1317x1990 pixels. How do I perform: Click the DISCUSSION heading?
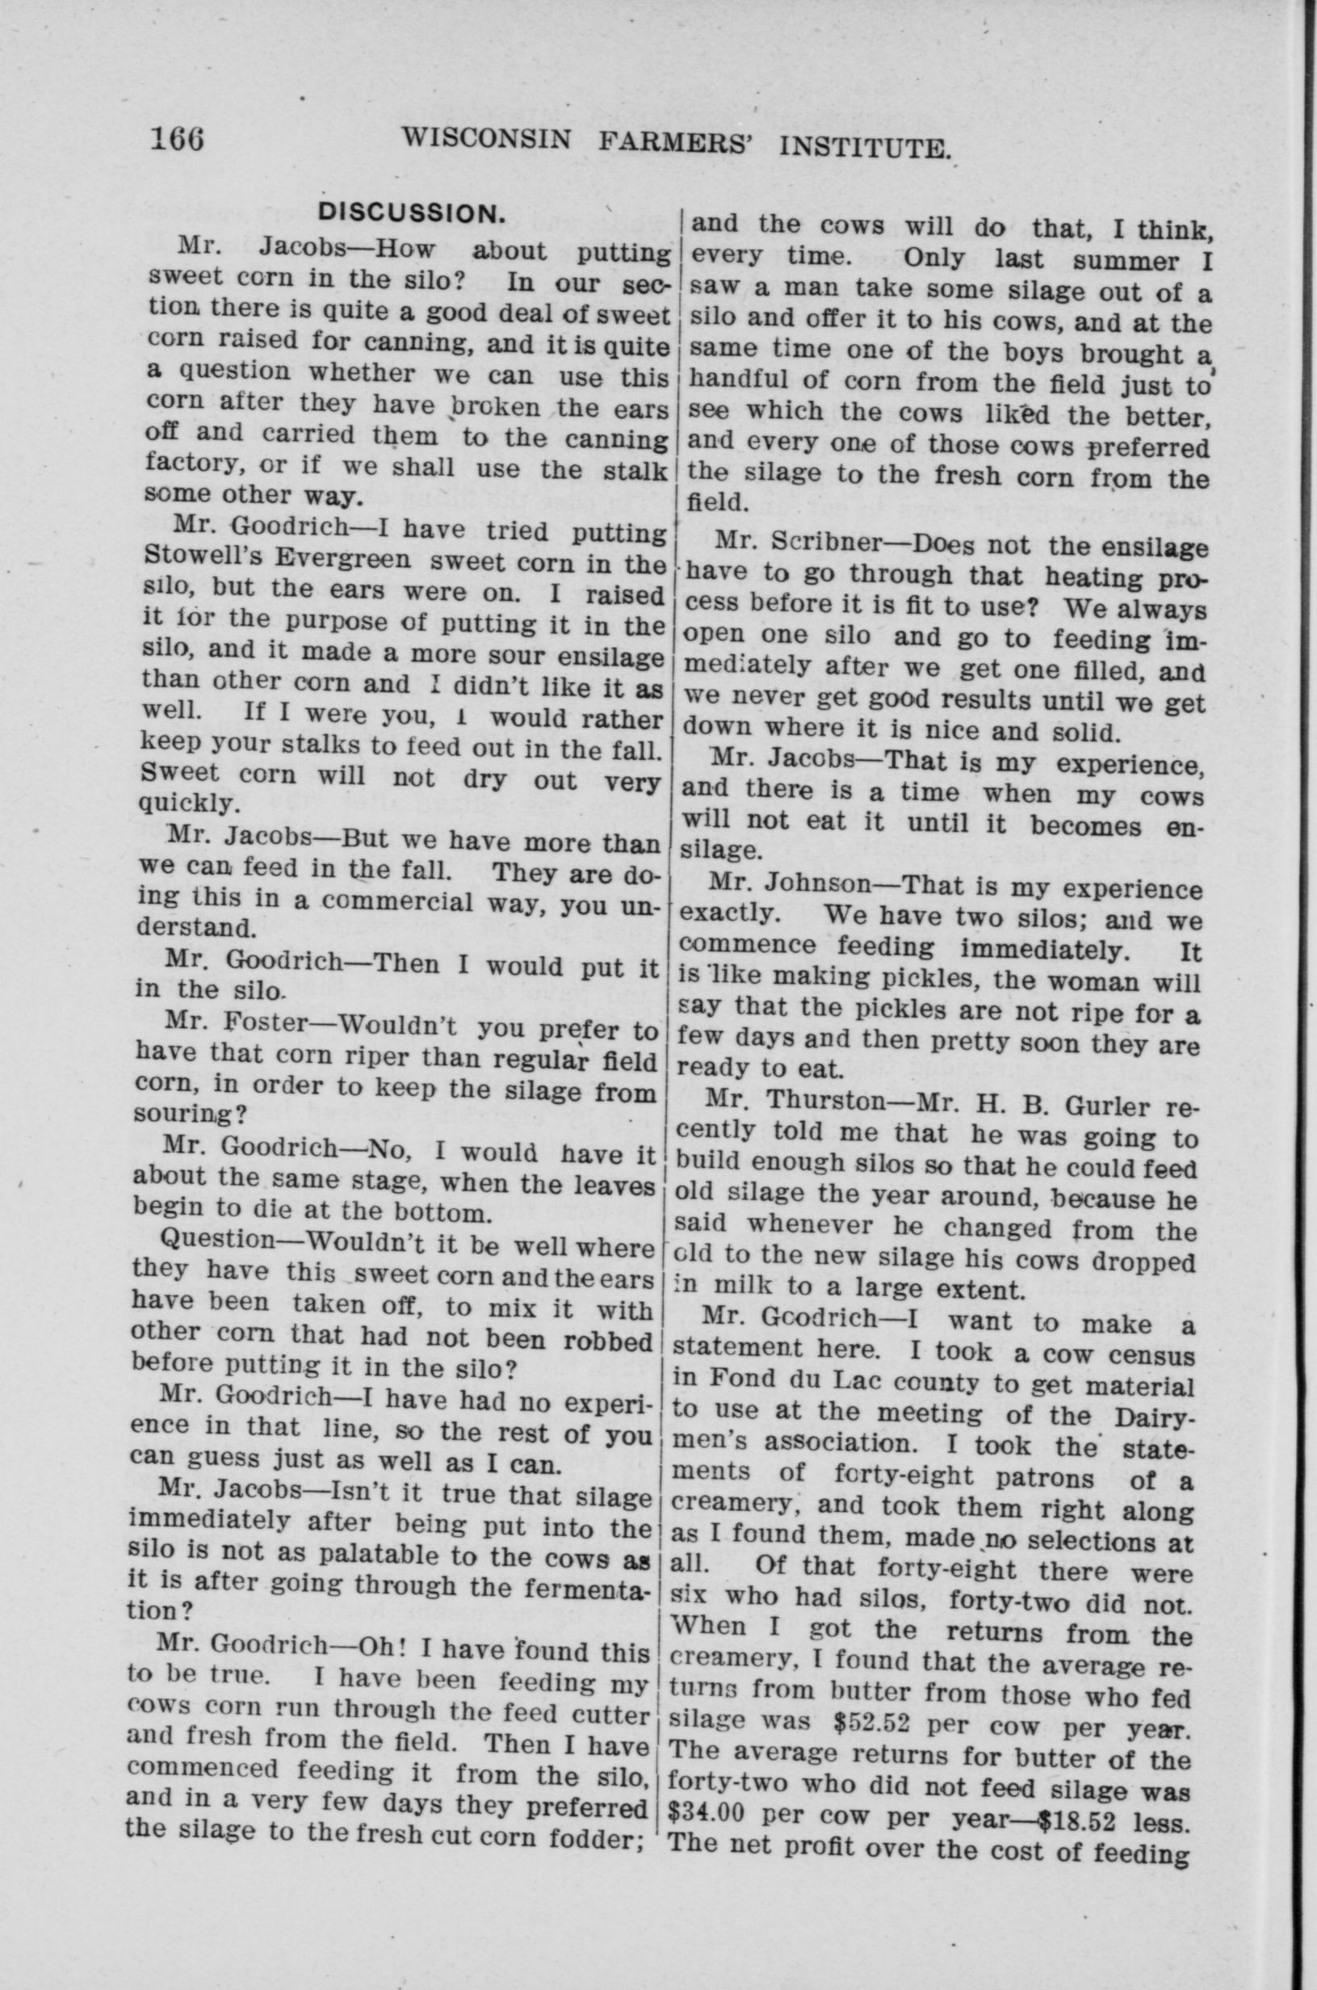411,213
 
